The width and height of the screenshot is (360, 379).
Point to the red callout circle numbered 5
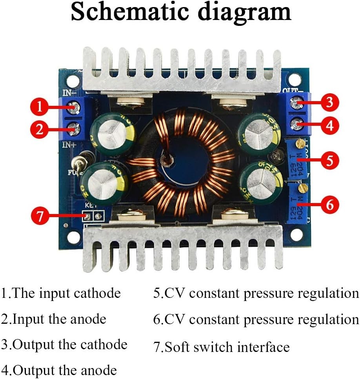[x=330, y=160]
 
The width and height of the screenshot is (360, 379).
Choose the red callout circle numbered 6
[x=330, y=204]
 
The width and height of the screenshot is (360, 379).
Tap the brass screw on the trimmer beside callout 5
[x=301, y=143]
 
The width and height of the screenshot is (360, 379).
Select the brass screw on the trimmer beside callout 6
[x=301, y=189]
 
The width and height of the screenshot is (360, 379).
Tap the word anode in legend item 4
[x=96, y=370]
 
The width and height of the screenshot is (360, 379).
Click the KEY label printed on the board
[x=91, y=205]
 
